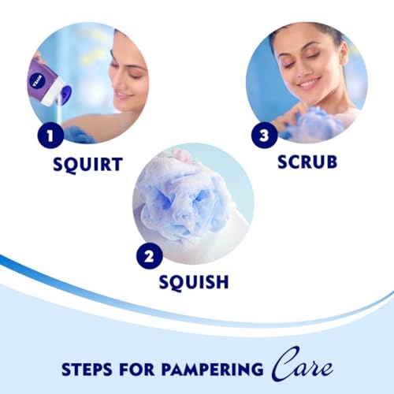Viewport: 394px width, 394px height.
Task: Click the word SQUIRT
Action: click(87, 165)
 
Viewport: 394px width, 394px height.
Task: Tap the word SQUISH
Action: click(194, 283)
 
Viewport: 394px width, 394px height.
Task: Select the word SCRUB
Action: click(307, 162)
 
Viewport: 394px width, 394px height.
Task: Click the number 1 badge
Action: click(50, 136)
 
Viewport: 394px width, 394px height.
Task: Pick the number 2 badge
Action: click(150, 256)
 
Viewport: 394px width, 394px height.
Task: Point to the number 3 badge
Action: click(264, 136)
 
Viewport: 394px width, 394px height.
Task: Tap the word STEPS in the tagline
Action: click(87, 370)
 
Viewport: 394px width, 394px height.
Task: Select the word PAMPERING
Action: click(212, 370)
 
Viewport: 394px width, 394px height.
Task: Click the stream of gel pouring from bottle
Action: click(60, 113)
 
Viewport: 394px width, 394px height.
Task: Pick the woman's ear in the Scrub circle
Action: click(341, 54)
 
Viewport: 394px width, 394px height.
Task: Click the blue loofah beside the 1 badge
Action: click(79, 135)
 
